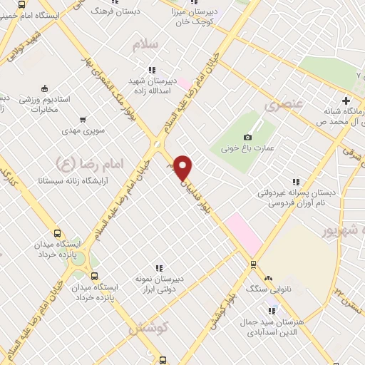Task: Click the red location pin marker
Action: [x=183, y=168]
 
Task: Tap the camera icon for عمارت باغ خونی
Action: [x=247, y=137]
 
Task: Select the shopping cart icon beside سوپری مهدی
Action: [x=83, y=119]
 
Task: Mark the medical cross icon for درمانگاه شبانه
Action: [x=346, y=100]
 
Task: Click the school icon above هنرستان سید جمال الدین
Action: [x=271, y=310]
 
